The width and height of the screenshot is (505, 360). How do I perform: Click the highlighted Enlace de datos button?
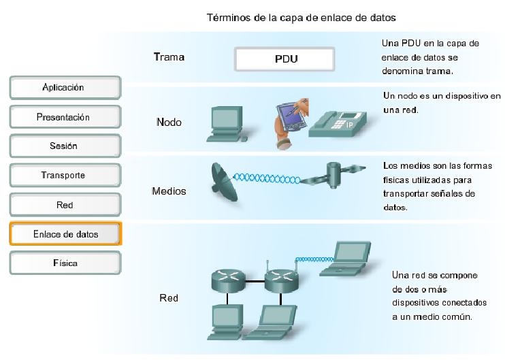65,234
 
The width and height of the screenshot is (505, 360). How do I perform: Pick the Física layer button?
65,263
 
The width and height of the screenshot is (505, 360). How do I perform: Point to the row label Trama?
169,58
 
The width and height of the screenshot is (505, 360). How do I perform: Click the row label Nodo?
169,122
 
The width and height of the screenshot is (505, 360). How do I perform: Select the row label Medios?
169,191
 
